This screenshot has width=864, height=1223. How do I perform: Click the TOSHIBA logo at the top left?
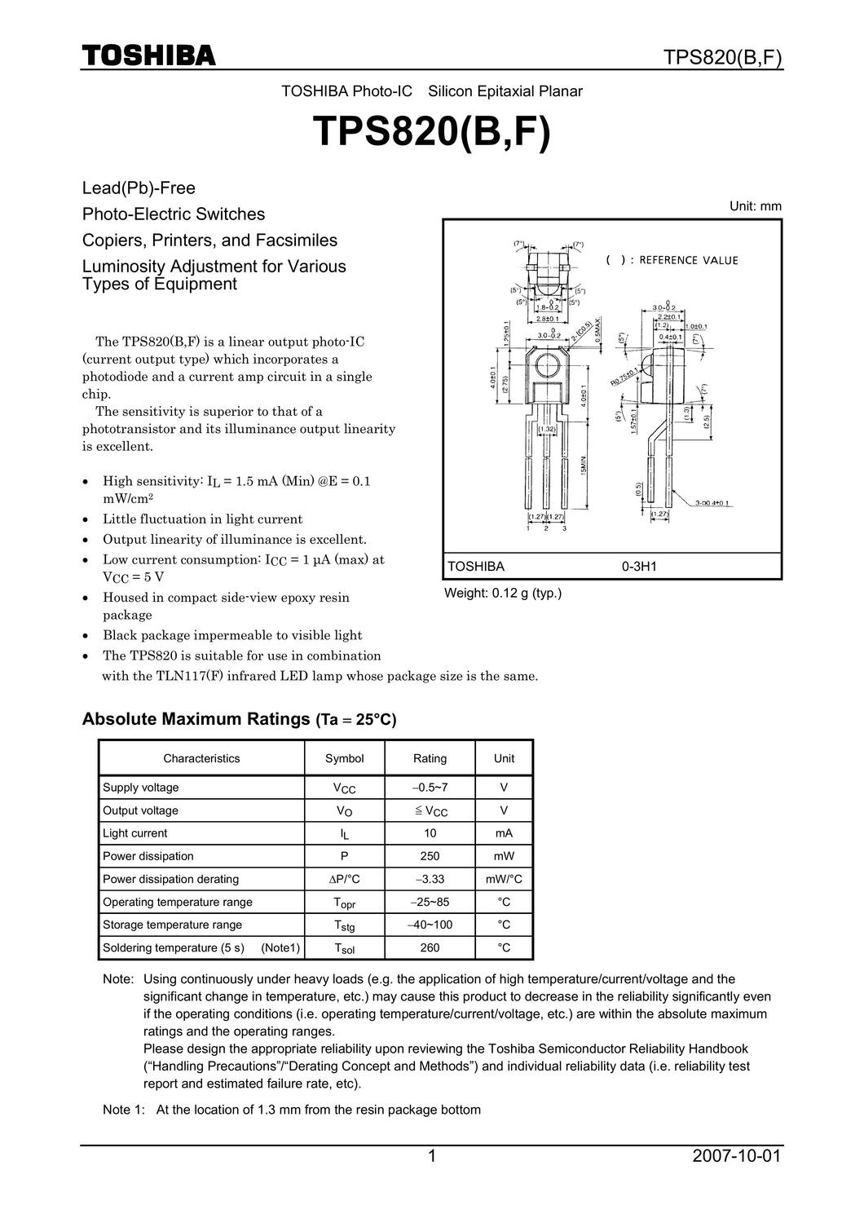click(148, 56)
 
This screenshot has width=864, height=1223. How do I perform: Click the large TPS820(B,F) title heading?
click(432, 134)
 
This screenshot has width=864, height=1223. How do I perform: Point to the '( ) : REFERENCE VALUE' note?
click(672, 260)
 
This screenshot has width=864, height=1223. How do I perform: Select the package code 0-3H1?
click(639, 567)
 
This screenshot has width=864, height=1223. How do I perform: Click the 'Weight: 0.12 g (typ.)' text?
click(502, 594)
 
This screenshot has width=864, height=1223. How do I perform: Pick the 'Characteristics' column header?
click(201, 758)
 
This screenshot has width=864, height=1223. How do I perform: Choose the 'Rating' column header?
click(430, 758)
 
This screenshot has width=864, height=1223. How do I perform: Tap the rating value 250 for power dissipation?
click(430, 856)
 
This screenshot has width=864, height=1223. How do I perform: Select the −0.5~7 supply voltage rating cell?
click(430, 788)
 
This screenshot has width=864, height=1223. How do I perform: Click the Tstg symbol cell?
click(344, 925)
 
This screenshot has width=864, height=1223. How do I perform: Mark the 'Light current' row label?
click(134, 833)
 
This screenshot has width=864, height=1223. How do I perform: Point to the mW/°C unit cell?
click(504, 879)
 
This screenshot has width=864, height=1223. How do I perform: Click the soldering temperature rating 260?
click(430, 947)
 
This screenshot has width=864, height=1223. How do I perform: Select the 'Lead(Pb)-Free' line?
click(139, 188)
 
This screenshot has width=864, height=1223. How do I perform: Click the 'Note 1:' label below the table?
click(123, 1110)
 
